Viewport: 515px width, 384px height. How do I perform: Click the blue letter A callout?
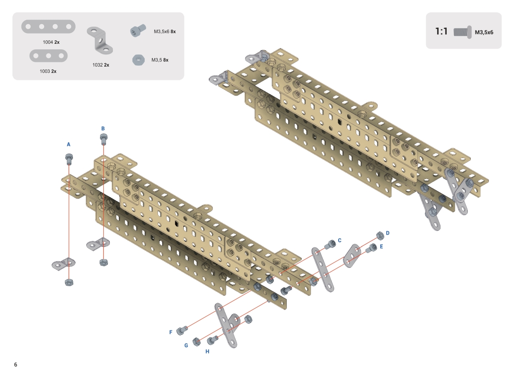[x=68, y=145]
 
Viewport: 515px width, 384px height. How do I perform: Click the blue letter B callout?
[x=103, y=128]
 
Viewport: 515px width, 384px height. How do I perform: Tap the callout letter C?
[x=339, y=240]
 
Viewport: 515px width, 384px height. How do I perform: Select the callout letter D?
[x=388, y=233]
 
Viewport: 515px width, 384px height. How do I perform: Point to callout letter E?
[x=382, y=247]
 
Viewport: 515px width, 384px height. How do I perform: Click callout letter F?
[x=171, y=332]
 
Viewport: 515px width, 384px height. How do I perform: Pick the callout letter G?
[x=186, y=345]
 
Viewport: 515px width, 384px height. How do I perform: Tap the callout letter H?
[x=207, y=351]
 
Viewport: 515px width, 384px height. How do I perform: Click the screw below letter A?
[x=69, y=159]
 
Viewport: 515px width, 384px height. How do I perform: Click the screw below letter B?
[x=103, y=139]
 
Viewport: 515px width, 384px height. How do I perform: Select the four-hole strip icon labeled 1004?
[x=48, y=27]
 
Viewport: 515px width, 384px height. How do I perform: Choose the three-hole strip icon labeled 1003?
[x=48, y=55]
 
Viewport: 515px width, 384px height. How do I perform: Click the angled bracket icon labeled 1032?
[x=100, y=40]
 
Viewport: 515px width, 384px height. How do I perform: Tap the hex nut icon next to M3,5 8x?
[x=139, y=60]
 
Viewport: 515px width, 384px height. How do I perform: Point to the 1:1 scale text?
[x=442, y=31]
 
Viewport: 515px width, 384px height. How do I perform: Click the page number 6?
[x=15, y=365]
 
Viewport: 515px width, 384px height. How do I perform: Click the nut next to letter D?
[x=379, y=235]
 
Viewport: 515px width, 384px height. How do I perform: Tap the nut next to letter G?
[x=196, y=342]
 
